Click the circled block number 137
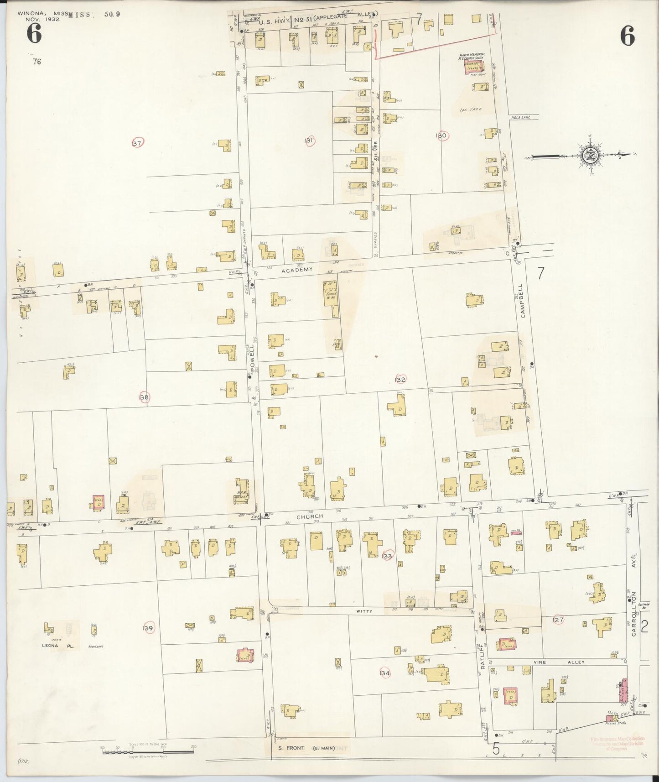coord(137,143)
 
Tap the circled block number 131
coord(309,141)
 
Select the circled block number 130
coord(441,136)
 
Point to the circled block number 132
coord(400,380)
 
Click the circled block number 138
coord(144,397)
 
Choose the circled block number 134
coord(384,673)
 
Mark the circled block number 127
coord(558,620)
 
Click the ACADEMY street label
coord(297,270)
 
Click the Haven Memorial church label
coord(472,57)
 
